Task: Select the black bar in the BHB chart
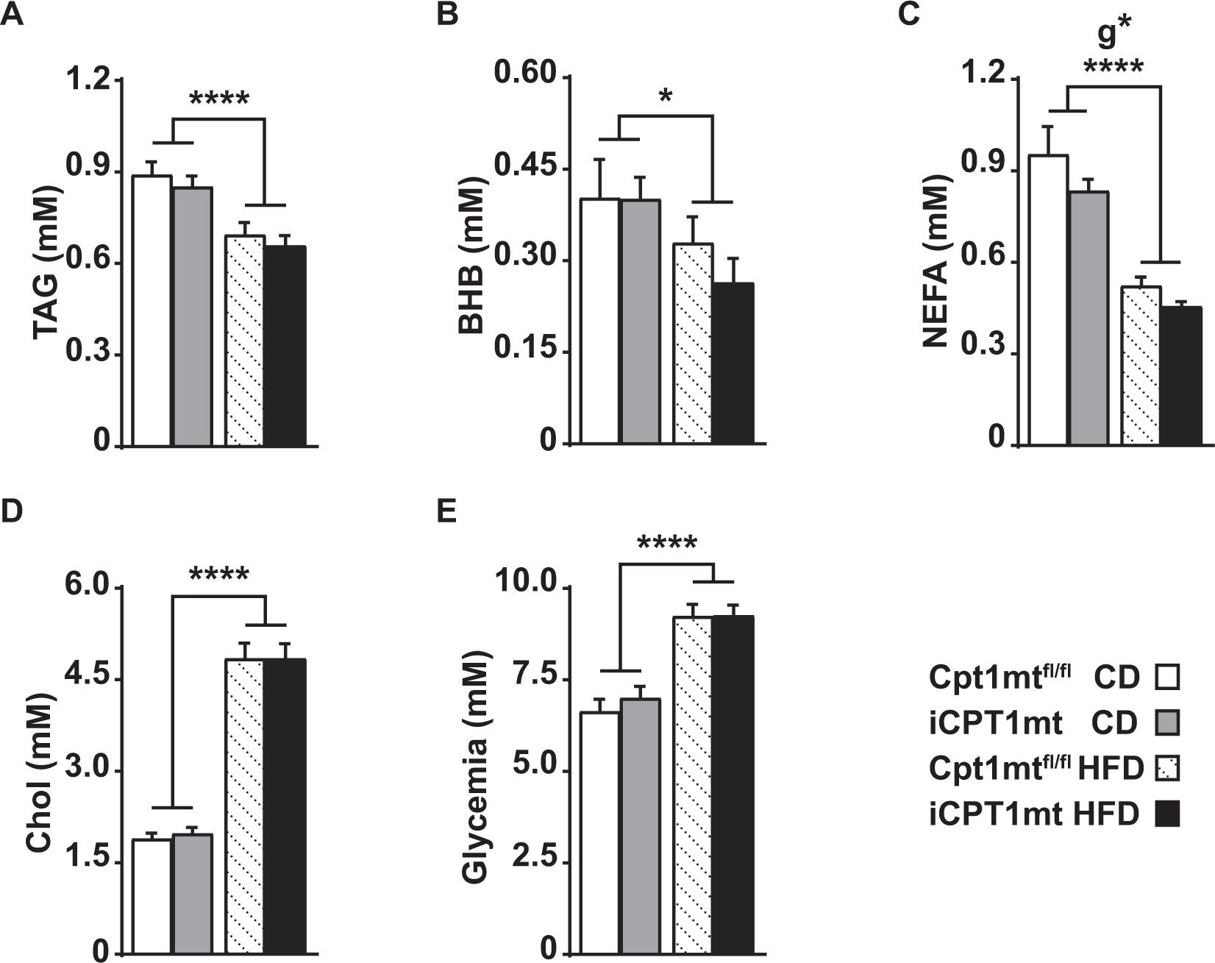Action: pyautogui.click(x=733, y=363)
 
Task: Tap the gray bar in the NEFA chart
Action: pyautogui.click(x=1088, y=318)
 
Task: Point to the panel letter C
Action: pyautogui.click(x=909, y=15)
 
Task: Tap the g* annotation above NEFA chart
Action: pyautogui.click(x=1113, y=35)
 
